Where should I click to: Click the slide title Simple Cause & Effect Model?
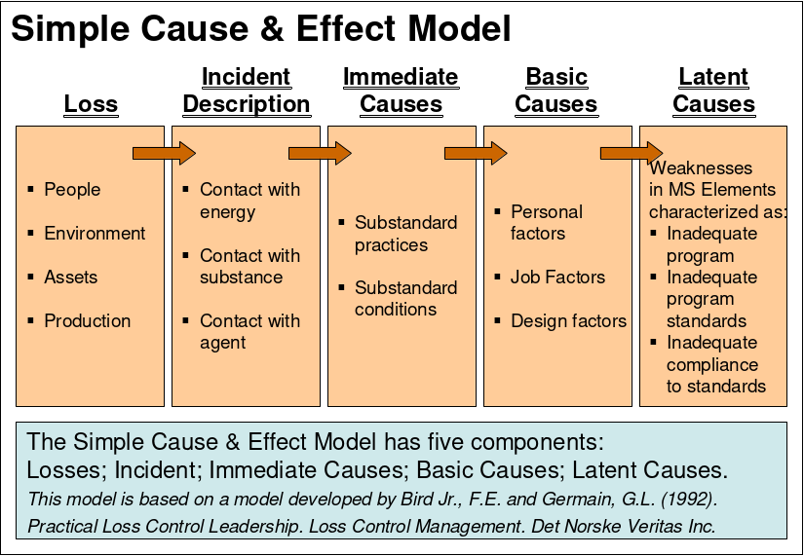pos(260,29)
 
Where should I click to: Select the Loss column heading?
pos(91,104)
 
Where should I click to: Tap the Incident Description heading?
pos(246,91)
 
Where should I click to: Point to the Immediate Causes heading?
pos(401,91)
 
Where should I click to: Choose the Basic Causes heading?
pos(555,91)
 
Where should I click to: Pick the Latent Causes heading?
pos(713,91)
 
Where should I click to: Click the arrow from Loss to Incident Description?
pos(165,152)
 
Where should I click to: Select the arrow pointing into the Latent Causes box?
pos(632,152)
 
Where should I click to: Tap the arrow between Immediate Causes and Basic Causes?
pos(477,152)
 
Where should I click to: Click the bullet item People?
pos(72,189)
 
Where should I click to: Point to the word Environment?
pos(95,233)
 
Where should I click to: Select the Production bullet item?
pos(87,320)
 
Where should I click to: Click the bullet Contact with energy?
pos(249,201)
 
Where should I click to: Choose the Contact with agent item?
pos(249,331)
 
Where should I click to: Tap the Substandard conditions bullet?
pos(405,298)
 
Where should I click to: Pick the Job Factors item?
pos(557,278)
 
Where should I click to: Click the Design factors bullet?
pos(568,320)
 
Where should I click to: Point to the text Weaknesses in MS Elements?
pos(712,178)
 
